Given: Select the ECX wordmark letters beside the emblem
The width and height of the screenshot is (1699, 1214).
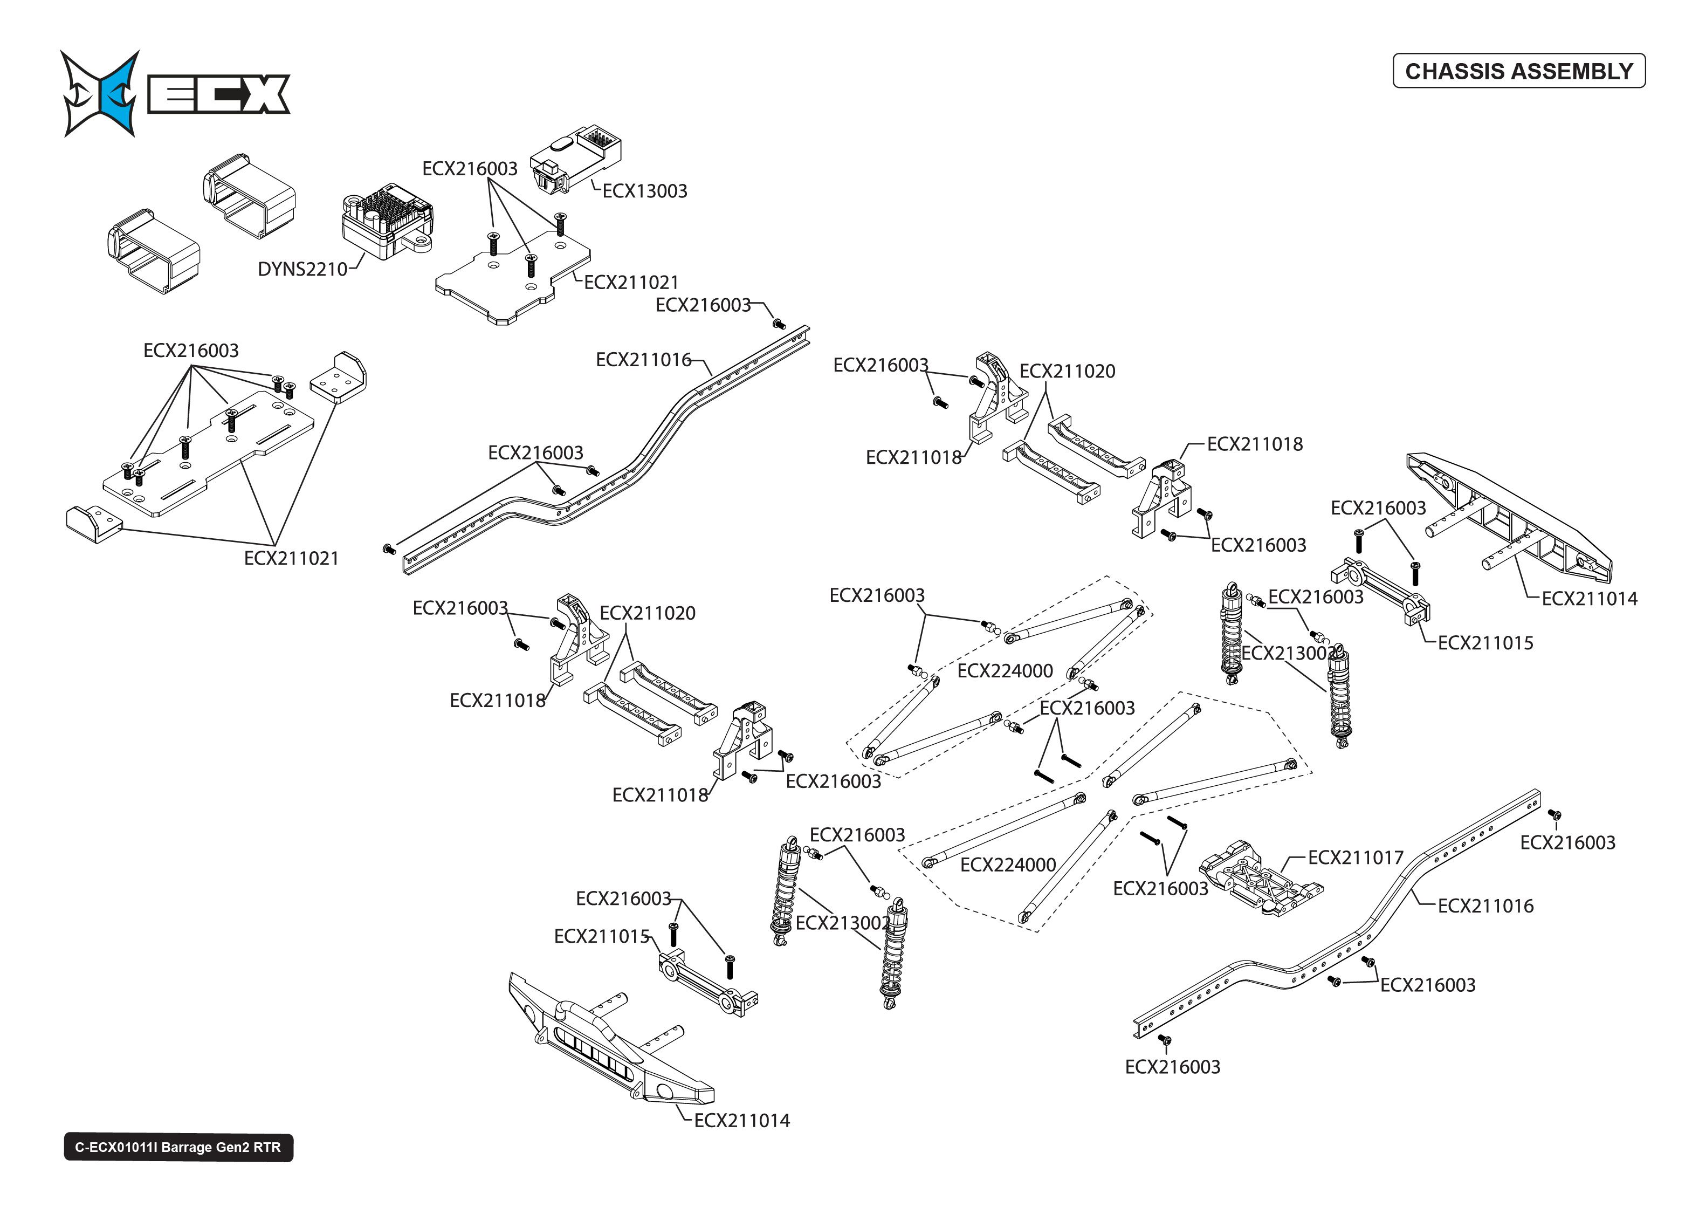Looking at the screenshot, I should pyautogui.click(x=218, y=94).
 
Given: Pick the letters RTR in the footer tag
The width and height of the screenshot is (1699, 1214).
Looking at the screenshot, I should pyautogui.click(x=267, y=1148).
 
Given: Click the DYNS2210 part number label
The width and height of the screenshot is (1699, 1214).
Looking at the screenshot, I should pyautogui.click(x=302, y=269).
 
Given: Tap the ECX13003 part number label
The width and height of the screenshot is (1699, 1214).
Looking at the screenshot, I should pyautogui.click(x=644, y=191).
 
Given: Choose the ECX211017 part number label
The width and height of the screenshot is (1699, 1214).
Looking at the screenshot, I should pyautogui.click(x=1356, y=858).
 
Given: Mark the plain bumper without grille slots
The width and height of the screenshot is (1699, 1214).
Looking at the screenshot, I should pyautogui.click(x=1509, y=516).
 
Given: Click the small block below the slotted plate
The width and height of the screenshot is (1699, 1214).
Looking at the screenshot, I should pyautogui.click(x=93, y=523).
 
